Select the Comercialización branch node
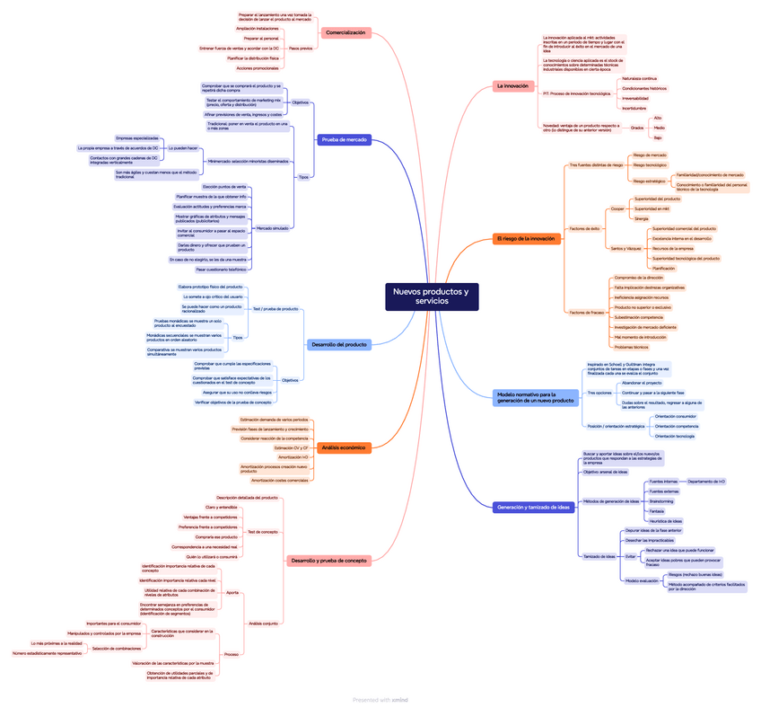(x=346, y=32)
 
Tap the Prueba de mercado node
(x=345, y=139)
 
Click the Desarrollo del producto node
(x=337, y=344)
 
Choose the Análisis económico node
(x=342, y=447)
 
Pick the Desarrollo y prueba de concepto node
(x=328, y=561)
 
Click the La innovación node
(x=513, y=86)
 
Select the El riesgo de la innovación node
(x=526, y=238)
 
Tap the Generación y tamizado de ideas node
(x=533, y=507)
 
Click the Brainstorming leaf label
(x=661, y=501)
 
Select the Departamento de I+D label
(x=706, y=482)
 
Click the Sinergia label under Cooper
(x=641, y=218)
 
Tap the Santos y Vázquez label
(x=625, y=248)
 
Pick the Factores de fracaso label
(x=587, y=312)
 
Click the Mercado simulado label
(x=273, y=228)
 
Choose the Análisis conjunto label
(x=263, y=623)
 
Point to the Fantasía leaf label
(x=657, y=511)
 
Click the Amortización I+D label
(x=293, y=457)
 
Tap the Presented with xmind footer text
(x=380, y=699)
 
